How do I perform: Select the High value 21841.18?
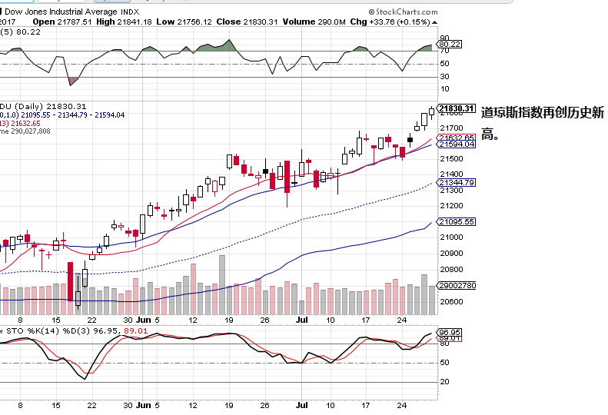132,22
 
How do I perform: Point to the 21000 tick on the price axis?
450,237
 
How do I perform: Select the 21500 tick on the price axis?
450,159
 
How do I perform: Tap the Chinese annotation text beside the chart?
542,123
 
